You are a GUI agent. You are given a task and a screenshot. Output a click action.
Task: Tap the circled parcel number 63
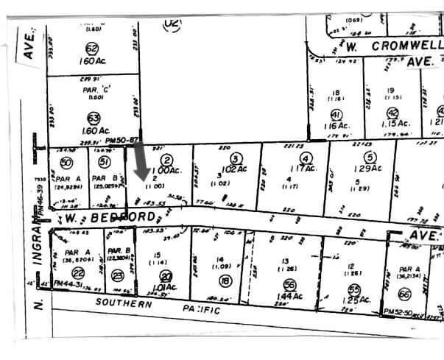[93, 117]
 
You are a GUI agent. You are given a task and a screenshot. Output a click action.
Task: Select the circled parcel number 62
[92, 49]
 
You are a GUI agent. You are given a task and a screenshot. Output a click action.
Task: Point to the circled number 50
[67, 162]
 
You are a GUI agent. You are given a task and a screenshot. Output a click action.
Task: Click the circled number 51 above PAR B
[105, 162]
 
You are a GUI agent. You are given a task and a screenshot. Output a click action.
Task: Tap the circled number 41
[336, 115]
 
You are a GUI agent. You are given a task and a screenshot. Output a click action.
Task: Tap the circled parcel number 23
[117, 277]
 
